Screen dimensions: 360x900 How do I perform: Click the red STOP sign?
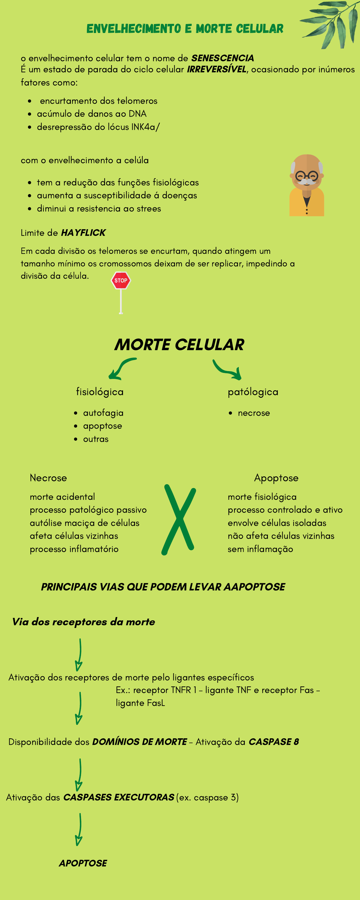point(121,280)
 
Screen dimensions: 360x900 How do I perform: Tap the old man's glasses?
point(307,175)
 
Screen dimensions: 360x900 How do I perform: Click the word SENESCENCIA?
point(223,58)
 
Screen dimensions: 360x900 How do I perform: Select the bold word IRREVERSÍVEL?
point(217,69)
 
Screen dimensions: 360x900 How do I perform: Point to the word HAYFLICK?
point(83,233)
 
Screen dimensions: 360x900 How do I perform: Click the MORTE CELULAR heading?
point(179,345)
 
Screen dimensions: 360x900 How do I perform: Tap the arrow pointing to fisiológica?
point(121,368)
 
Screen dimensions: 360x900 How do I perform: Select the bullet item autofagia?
point(103,413)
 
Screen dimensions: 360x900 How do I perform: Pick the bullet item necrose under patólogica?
point(254,413)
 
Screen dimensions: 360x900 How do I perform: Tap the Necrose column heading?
point(48,478)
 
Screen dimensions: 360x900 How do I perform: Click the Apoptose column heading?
point(276,478)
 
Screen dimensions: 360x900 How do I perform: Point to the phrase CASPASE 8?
point(274,742)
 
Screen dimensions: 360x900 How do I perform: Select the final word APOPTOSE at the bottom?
point(83,863)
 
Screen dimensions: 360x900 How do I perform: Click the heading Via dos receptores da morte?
point(83,622)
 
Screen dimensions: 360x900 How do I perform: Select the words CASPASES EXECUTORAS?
point(118,797)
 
